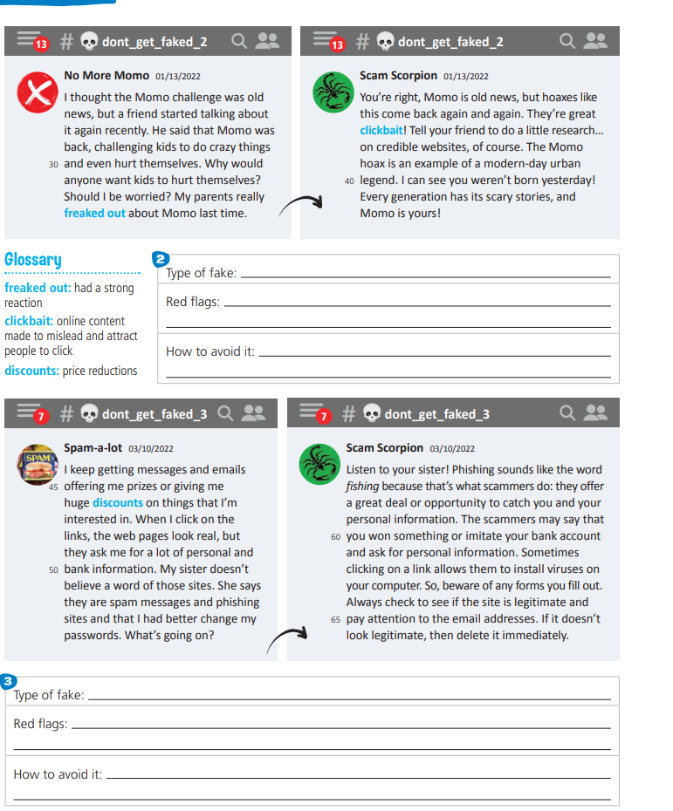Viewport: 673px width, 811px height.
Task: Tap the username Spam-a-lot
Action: (x=93, y=448)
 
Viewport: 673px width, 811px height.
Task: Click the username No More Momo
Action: (x=106, y=76)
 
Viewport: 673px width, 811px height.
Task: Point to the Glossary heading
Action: (x=33, y=260)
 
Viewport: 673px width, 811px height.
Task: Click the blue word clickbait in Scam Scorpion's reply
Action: (x=381, y=130)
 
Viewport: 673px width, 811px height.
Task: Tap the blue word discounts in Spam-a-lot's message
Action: (x=118, y=503)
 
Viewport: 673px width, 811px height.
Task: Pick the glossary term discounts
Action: (x=31, y=371)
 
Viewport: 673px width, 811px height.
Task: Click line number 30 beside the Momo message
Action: (x=54, y=164)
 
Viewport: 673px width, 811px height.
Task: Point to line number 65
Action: (x=336, y=619)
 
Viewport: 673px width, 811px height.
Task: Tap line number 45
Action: (x=54, y=487)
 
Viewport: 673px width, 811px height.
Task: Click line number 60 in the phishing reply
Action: (x=336, y=536)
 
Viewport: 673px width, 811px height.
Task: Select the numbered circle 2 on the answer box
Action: (x=160, y=259)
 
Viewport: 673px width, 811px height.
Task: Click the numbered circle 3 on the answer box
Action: (x=8, y=680)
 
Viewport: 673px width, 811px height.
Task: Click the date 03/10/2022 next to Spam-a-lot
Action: (x=151, y=449)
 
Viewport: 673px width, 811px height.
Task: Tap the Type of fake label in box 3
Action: (x=49, y=695)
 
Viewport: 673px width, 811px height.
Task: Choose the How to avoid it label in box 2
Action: (x=210, y=352)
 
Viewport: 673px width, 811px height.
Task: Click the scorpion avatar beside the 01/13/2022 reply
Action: (x=333, y=92)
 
